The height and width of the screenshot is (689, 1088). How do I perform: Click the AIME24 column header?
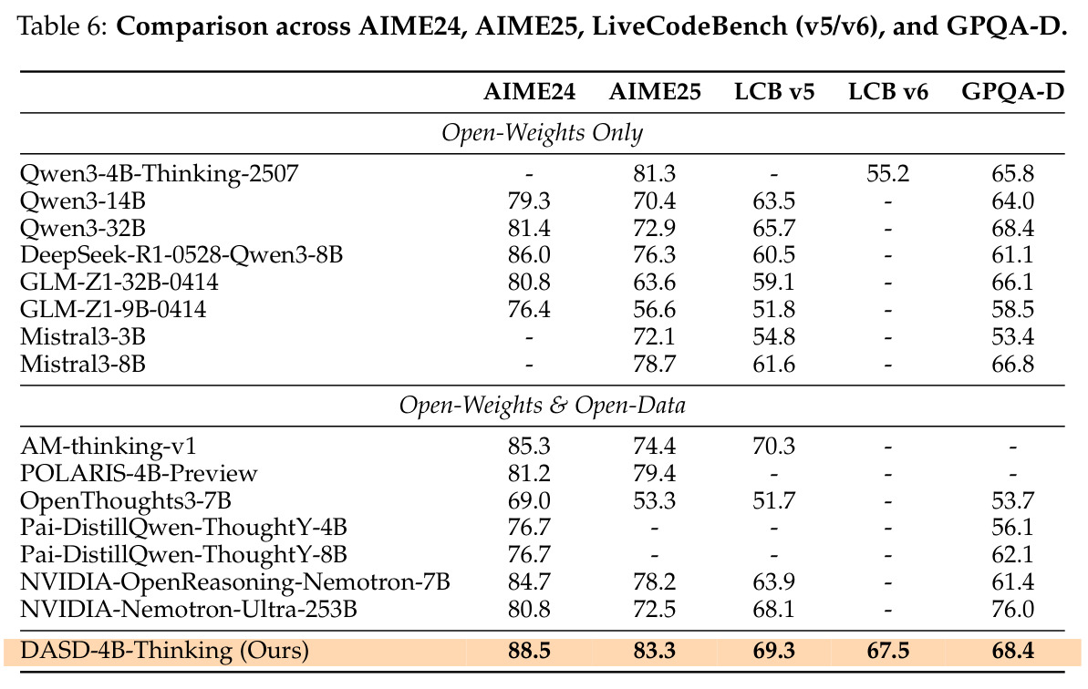[530, 92]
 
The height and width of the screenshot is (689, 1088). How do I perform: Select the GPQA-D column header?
[1013, 92]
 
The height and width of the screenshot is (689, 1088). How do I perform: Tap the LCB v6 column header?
[888, 92]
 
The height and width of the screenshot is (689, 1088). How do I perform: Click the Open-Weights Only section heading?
[542, 133]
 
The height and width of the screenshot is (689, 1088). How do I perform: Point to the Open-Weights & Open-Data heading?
[542, 406]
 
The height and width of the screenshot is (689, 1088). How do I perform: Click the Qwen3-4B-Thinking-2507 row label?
[160, 173]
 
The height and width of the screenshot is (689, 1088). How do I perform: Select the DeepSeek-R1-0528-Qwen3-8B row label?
[181, 255]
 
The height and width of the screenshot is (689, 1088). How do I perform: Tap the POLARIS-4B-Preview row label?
[139, 473]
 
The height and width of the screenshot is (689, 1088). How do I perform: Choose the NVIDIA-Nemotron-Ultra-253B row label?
[189, 610]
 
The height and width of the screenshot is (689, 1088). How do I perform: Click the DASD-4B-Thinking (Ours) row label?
[164, 651]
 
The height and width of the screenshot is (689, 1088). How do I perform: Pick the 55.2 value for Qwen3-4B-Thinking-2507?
[888, 173]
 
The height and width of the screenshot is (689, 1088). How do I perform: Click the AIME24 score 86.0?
[529, 255]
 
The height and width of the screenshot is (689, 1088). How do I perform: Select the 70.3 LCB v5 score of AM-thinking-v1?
[773, 446]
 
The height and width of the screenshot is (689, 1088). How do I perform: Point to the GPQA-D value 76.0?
[1013, 610]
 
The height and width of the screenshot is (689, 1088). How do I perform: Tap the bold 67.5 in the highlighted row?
[888, 651]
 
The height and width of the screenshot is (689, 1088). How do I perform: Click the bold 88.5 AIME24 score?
[529, 651]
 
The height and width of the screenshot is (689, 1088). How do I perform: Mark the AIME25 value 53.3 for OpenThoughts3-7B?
[654, 500]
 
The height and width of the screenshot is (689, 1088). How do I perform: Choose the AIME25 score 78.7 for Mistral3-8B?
[654, 364]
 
